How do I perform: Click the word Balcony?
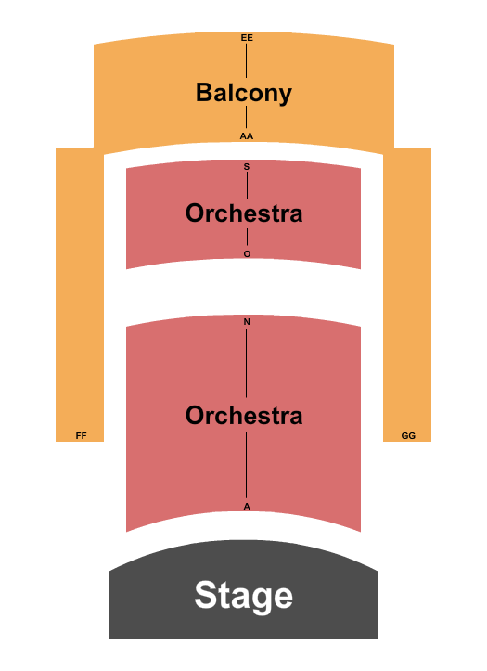click(x=243, y=93)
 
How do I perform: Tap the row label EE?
click(x=247, y=38)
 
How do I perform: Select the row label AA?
click(x=247, y=135)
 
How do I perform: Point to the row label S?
click(x=247, y=167)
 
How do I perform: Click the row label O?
click(x=247, y=253)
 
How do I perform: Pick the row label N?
click(x=247, y=322)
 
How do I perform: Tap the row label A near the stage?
click(x=247, y=506)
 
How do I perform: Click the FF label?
click(x=81, y=435)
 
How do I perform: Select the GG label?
click(x=408, y=435)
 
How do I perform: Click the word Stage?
click(x=243, y=595)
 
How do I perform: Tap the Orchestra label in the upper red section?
click(x=244, y=213)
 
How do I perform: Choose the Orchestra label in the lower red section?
click(x=244, y=416)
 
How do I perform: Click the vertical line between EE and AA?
click(x=247, y=60)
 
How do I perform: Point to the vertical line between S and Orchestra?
click(x=247, y=185)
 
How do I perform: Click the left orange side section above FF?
click(x=80, y=278)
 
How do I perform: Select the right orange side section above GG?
click(x=407, y=278)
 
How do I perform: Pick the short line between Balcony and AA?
click(x=247, y=117)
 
